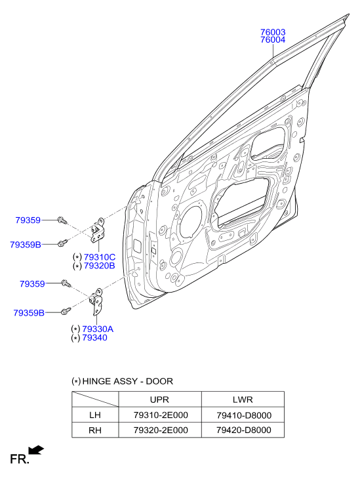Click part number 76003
click(x=273, y=32)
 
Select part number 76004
click(x=273, y=40)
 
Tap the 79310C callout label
click(x=100, y=257)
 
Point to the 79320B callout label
click(x=100, y=266)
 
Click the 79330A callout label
click(x=98, y=329)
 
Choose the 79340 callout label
click(x=94, y=338)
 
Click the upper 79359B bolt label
click(x=26, y=245)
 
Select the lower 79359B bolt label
click(x=29, y=313)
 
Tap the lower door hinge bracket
click(x=96, y=301)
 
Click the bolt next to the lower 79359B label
click(x=66, y=311)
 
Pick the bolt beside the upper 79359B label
click(x=63, y=243)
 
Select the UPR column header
click(x=159, y=400)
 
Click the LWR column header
click(x=243, y=400)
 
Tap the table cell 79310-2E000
click(x=161, y=415)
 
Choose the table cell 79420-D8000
click(x=243, y=430)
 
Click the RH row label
click(x=95, y=430)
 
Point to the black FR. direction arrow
click(x=36, y=450)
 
